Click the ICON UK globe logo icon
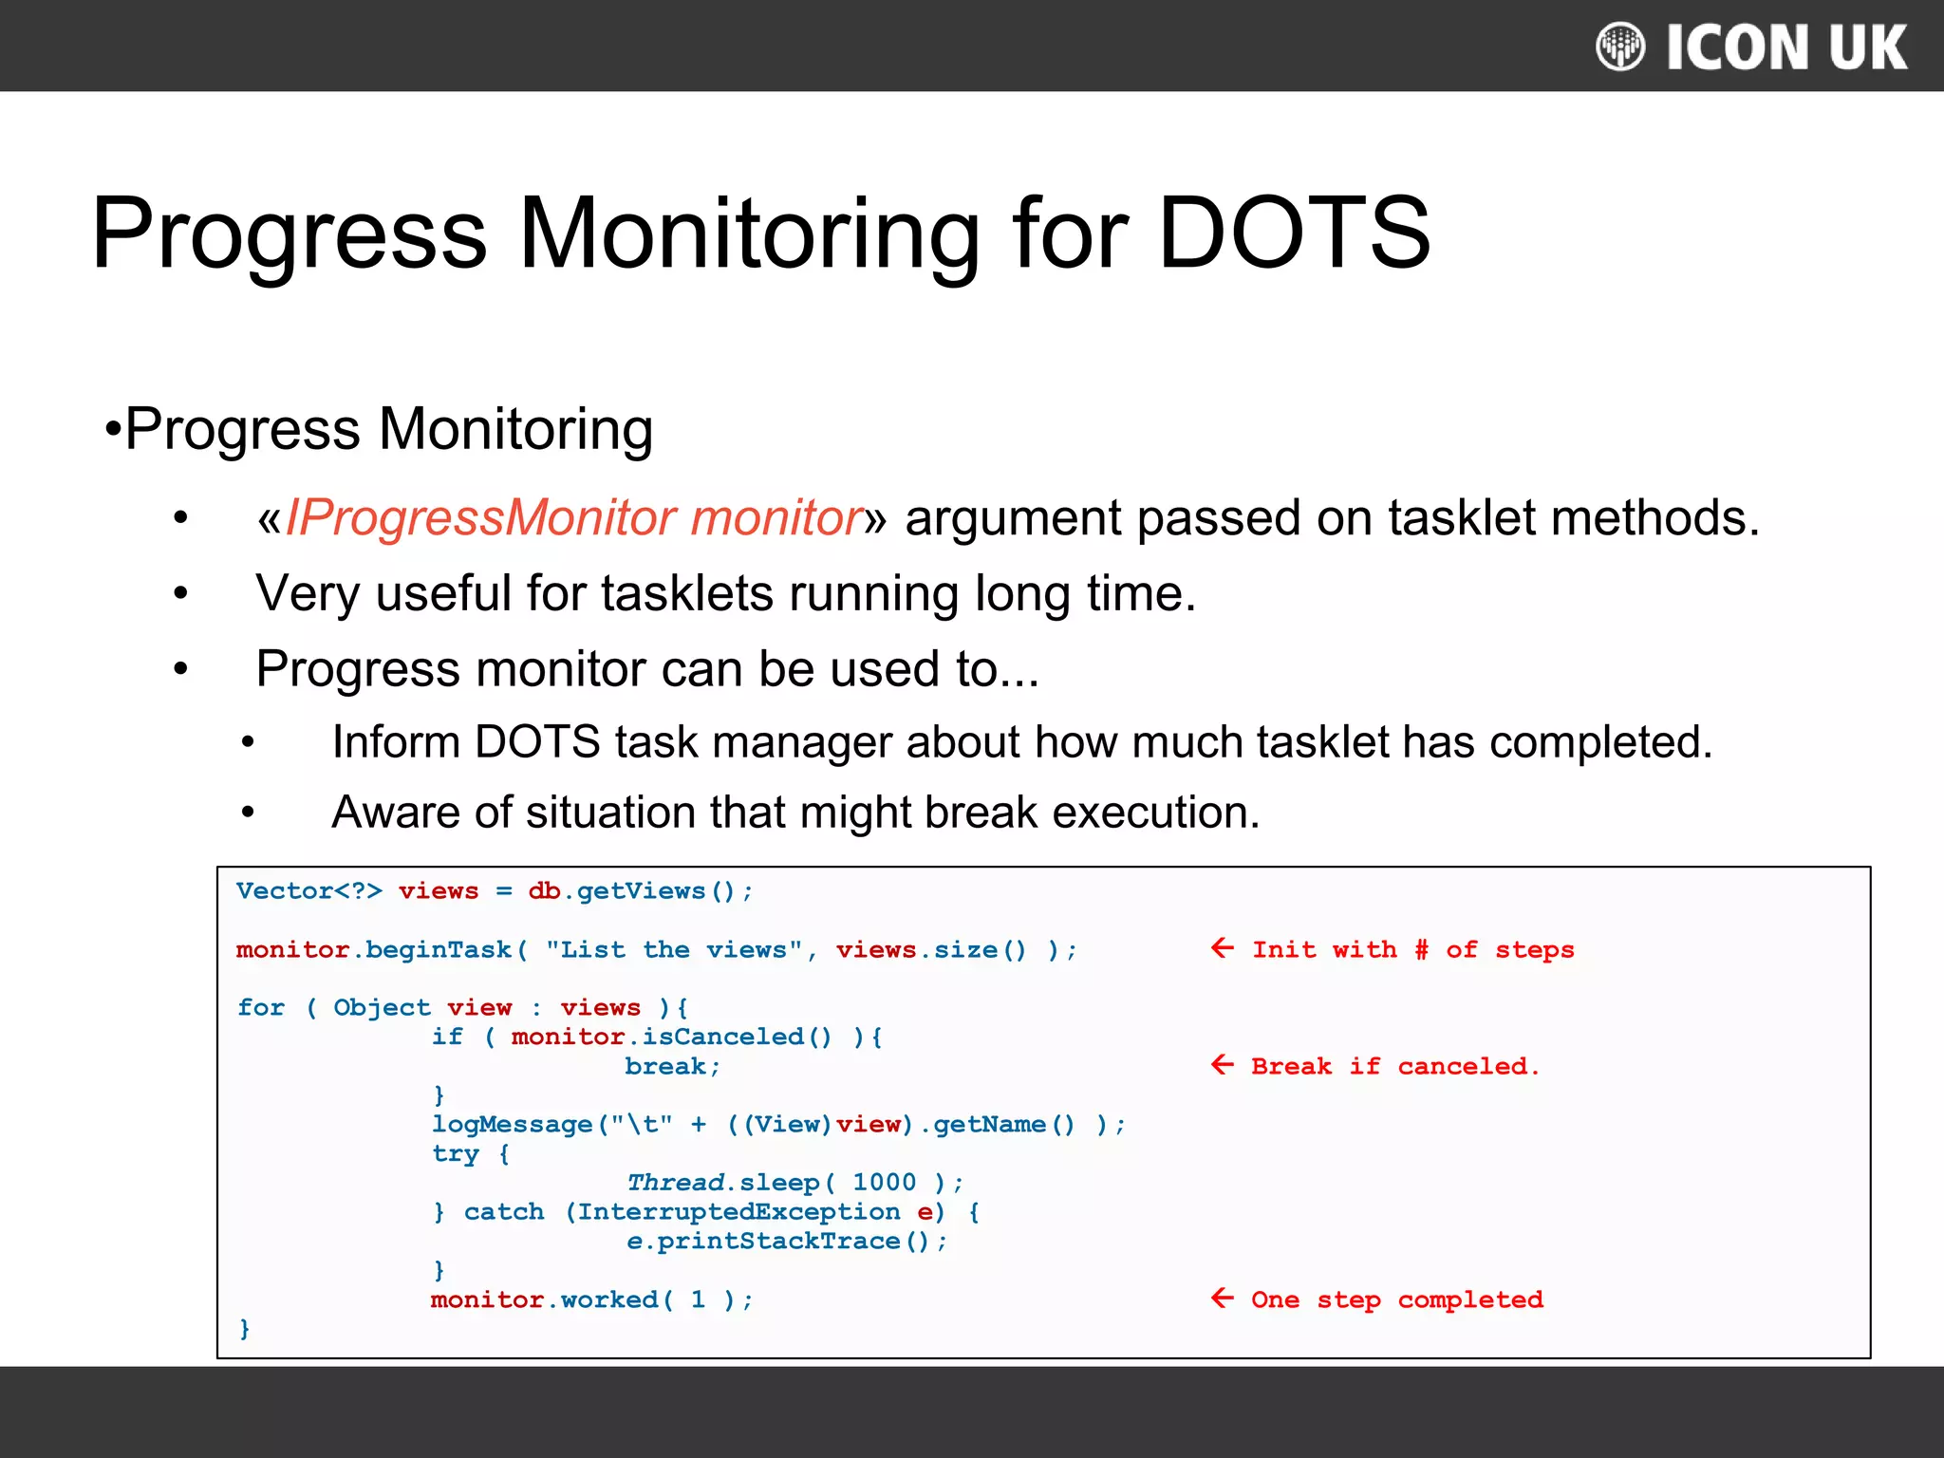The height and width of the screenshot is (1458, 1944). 1619,47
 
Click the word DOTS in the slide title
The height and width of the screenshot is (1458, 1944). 1293,234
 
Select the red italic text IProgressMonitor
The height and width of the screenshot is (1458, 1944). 486,518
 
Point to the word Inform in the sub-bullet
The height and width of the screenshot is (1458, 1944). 395,742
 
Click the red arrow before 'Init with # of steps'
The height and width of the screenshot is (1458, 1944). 1223,948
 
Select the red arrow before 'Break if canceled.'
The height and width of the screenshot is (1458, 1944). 1223,1065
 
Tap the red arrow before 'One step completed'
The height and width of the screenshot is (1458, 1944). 1223,1299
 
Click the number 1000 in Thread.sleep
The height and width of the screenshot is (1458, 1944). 884,1183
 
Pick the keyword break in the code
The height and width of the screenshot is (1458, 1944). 665,1067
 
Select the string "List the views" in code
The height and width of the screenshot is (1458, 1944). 674,950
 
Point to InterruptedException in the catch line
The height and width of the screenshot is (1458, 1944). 738,1212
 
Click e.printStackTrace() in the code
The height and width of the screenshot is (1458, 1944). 786,1242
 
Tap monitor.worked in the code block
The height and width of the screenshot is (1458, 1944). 545,1299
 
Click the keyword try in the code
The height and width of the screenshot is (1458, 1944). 456,1154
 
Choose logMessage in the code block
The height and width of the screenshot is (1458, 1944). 513,1125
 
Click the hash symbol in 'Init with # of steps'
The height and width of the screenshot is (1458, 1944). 1421,950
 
